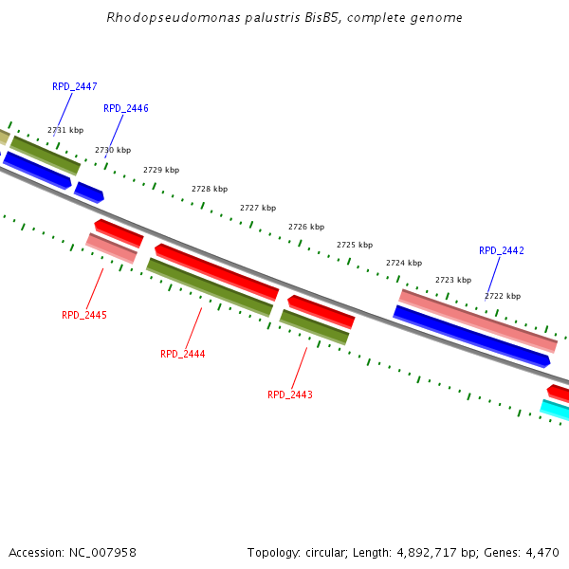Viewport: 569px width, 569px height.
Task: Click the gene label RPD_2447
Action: (75, 86)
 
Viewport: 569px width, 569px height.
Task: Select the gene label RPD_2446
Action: (126, 108)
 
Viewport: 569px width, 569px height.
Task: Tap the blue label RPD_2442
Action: (502, 250)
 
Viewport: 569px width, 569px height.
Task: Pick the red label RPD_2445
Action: (84, 315)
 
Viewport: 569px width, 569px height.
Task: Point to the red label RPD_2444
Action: (183, 354)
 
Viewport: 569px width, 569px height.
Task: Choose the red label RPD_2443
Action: (290, 395)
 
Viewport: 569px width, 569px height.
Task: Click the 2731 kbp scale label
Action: (65, 130)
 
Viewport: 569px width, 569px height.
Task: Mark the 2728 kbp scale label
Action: (210, 189)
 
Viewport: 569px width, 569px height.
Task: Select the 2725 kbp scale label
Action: (355, 245)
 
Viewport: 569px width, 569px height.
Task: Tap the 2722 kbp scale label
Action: (503, 296)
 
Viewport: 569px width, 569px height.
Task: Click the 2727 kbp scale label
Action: (258, 208)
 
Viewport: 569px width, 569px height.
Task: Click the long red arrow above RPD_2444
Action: (217, 270)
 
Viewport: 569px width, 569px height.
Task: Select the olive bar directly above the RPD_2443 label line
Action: (314, 326)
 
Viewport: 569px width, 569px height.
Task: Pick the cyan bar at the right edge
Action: (556, 410)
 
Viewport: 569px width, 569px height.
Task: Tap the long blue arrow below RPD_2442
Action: (471, 336)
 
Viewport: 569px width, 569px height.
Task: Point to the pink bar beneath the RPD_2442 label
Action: (477, 321)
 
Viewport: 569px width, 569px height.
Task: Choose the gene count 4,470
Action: (541, 552)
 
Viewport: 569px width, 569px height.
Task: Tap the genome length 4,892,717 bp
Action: (414, 552)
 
